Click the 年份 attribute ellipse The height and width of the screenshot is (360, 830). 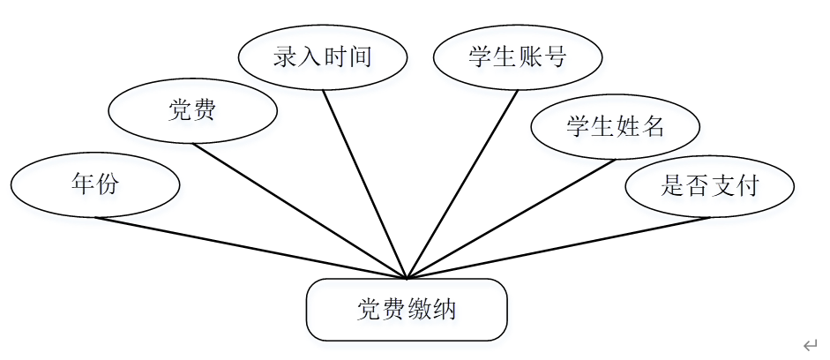(95, 185)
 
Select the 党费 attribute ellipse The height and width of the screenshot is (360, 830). (192, 111)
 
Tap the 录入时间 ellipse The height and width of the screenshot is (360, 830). (323, 57)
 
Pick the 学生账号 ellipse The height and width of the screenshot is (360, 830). (518, 57)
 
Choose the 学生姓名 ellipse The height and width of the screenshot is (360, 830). (615, 127)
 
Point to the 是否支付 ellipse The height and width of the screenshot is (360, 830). (709, 186)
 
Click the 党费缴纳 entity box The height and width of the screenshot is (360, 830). (407, 310)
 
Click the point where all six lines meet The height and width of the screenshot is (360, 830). (408, 278)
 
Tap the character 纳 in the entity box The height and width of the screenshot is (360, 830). (445, 310)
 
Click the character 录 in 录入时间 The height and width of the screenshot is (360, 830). (285, 57)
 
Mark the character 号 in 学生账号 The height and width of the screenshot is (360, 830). (555, 57)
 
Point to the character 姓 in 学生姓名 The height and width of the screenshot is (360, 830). (627, 127)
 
